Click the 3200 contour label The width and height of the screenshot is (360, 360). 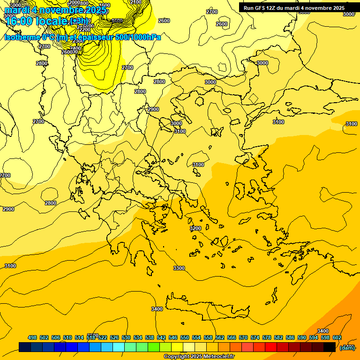tap(195, 228)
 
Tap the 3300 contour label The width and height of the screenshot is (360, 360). tap(179, 268)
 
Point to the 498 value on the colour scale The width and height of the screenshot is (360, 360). tap(32, 337)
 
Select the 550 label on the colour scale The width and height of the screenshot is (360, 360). tap(185, 337)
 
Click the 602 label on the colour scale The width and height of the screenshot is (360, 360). tap(337, 337)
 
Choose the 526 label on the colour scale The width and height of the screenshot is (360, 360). tap(114, 337)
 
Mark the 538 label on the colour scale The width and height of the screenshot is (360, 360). tap(150, 337)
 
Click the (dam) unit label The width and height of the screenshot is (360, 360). tap(347, 347)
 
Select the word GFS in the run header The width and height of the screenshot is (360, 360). tap(261, 8)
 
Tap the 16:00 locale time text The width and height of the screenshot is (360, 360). tap(37, 22)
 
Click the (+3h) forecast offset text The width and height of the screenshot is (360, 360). tap(78, 22)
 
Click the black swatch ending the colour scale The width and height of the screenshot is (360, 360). tap(330, 347)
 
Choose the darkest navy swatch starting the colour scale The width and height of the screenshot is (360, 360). tap(25, 347)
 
